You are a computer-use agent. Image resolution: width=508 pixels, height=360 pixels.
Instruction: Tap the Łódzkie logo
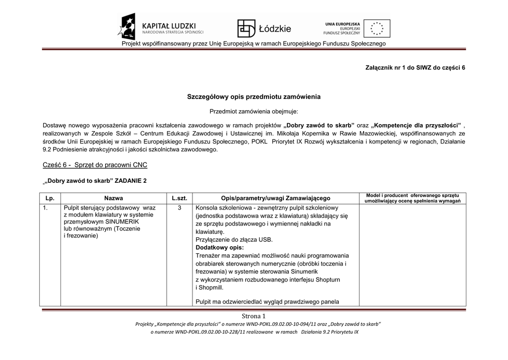264,29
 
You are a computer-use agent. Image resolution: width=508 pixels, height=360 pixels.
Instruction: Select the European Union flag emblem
377,29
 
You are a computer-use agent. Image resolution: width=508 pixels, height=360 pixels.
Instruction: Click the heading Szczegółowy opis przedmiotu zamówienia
254,96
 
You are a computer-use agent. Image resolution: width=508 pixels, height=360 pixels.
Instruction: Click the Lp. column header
50,198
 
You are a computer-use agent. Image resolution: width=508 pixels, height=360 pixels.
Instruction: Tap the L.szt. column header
179,198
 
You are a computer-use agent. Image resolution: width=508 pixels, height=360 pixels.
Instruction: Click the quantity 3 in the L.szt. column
179,208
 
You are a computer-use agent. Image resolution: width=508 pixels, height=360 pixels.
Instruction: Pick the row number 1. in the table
45,208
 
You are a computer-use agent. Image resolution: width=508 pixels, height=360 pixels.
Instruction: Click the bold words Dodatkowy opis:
220,247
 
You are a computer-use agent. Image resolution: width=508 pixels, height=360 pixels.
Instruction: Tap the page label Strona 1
254,316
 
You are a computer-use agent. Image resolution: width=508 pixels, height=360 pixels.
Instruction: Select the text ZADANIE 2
131,181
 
